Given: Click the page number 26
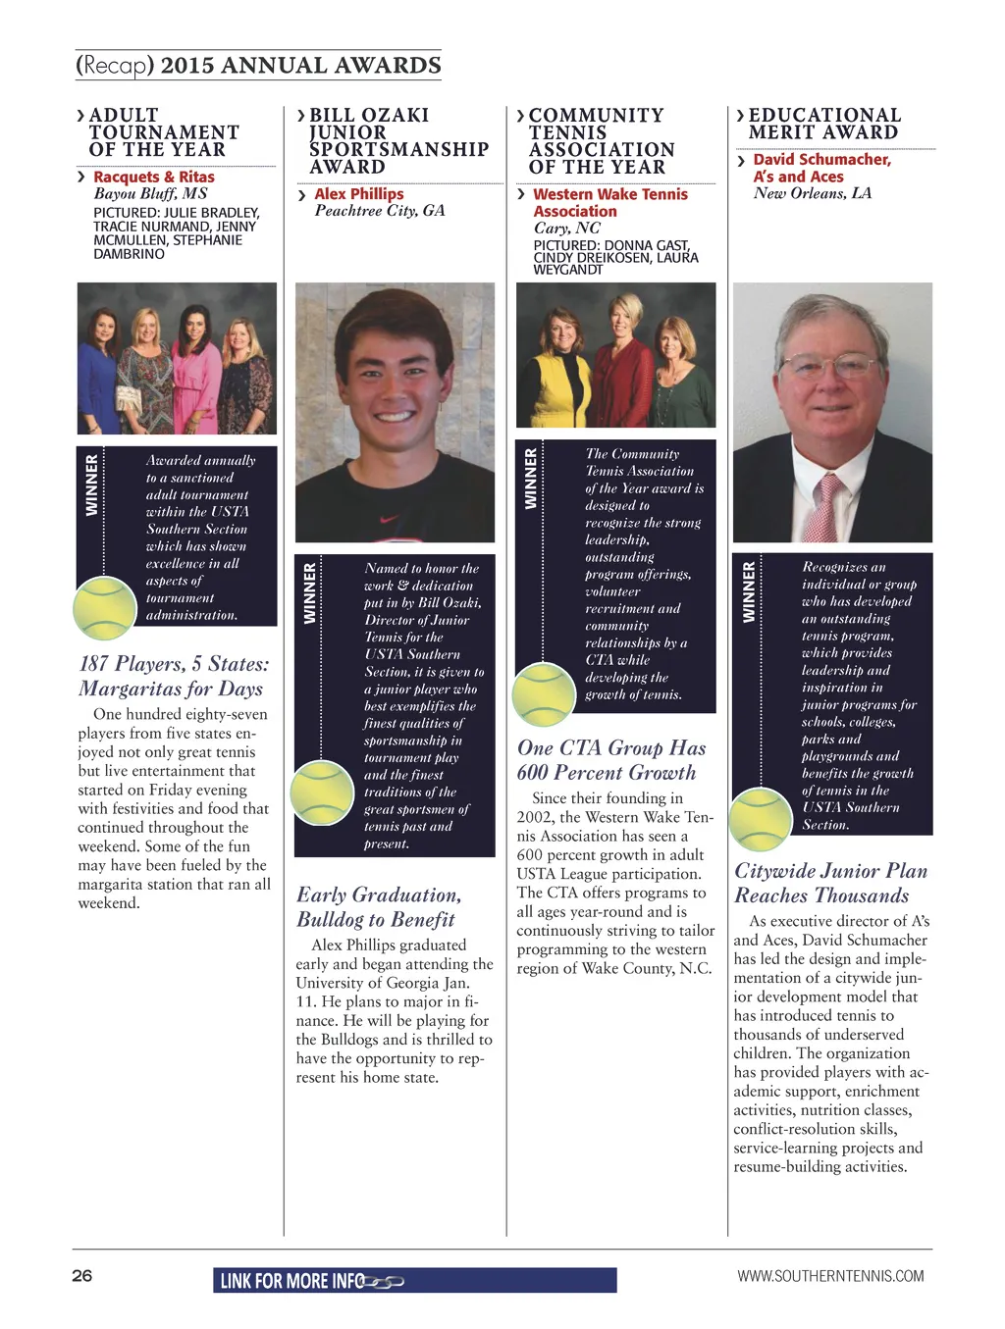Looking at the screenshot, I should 81,1275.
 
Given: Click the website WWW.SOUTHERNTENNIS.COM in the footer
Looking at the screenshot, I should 830,1276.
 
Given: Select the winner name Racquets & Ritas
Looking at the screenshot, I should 154,177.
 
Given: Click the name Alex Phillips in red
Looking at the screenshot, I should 359,194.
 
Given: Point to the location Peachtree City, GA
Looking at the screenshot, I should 380,211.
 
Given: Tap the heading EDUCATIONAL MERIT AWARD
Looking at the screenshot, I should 824,124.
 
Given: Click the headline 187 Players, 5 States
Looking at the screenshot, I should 174,664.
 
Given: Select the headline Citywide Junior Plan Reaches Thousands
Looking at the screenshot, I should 830,883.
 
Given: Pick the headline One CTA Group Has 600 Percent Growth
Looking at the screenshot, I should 611,760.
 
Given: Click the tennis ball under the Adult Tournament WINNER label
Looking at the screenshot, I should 104,608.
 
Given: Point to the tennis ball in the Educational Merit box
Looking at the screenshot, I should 762,818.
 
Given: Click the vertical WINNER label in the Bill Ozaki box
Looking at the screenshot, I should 310,593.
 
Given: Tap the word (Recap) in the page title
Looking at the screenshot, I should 115,66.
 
